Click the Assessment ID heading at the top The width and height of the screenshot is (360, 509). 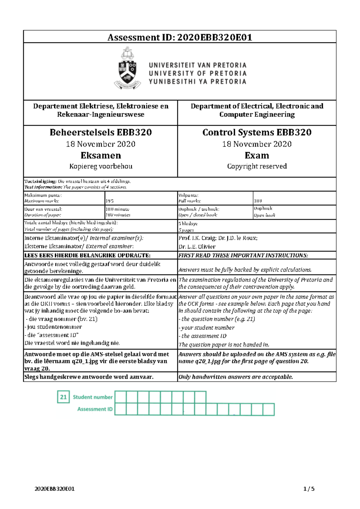tap(180, 37)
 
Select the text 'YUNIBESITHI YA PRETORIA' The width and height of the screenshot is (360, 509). tap(197, 82)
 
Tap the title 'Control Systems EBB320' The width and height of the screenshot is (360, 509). tap(257, 132)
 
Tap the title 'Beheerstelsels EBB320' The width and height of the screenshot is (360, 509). tap(100, 132)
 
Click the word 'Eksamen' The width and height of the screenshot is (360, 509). tap(100, 155)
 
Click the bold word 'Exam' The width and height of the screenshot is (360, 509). tap(257, 155)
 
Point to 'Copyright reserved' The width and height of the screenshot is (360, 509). tap(257, 166)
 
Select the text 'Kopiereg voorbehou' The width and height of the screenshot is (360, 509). tap(100, 166)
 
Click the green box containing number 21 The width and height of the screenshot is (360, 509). tap(63, 397)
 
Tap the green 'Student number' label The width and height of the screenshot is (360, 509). tap(93, 397)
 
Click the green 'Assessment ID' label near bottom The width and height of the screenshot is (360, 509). tap(95, 409)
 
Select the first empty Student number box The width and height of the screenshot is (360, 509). tap(121, 397)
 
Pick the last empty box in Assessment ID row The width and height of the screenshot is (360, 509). tap(268, 409)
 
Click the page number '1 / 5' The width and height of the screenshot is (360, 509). tap(309, 489)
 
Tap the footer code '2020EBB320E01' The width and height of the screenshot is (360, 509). tap(55, 489)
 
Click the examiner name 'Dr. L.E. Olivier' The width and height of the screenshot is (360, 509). tap(197, 247)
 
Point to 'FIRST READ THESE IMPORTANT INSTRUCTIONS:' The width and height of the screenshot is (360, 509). tap(243, 255)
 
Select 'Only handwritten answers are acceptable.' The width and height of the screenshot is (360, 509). tap(235, 377)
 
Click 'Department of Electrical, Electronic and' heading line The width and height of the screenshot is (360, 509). tap(257, 106)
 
